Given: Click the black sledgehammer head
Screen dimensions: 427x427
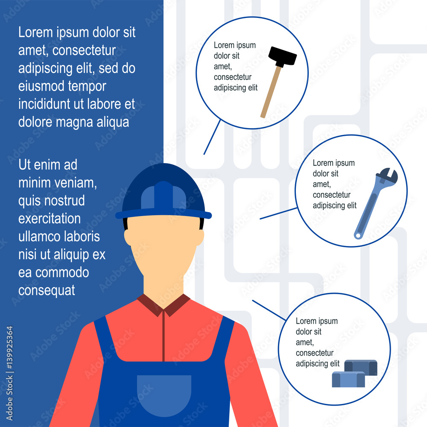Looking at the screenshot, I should click(282, 56).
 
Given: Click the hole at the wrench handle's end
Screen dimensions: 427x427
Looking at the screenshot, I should click(357, 234).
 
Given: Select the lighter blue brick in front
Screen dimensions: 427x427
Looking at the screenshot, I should click(348, 380).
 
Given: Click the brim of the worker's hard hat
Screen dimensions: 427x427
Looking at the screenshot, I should click(164, 214).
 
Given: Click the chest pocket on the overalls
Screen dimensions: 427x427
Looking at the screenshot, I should click(164, 395).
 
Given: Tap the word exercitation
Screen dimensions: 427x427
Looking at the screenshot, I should click(49, 219).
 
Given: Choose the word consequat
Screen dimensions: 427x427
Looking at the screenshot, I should click(47, 290).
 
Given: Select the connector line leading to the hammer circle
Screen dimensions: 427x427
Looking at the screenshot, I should click(212, 137).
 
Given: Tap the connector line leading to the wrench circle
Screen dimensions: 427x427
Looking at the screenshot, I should click(278, 213).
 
